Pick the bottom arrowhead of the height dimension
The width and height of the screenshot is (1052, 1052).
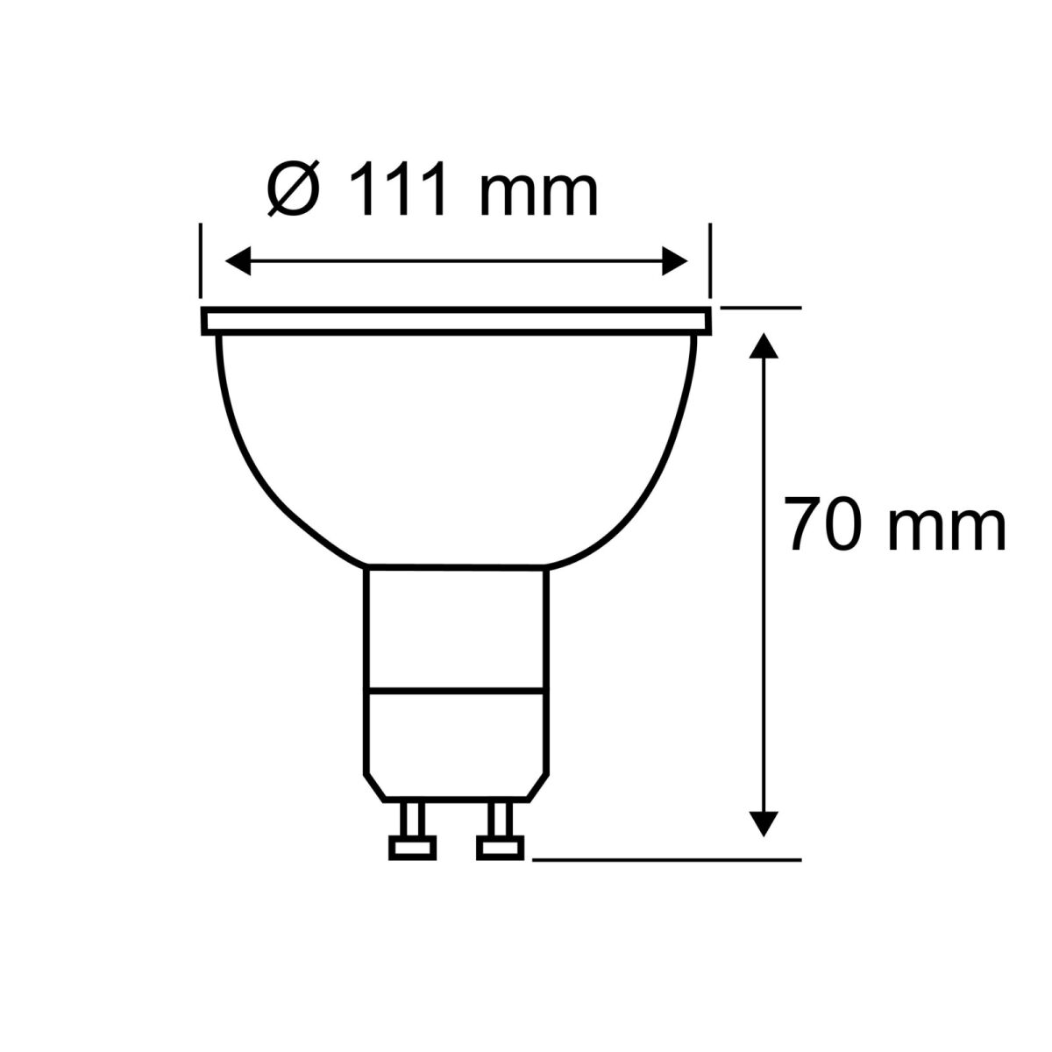point(765,823)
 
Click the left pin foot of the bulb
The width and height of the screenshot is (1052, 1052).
point(411,847)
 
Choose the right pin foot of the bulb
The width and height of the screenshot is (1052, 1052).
point(501,847)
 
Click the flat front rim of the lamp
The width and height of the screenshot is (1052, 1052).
point(456,321)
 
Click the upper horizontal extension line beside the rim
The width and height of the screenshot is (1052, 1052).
point(761,308)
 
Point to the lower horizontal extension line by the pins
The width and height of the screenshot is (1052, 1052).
point(666,859)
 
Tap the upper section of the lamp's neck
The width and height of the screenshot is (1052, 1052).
point(456,627)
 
